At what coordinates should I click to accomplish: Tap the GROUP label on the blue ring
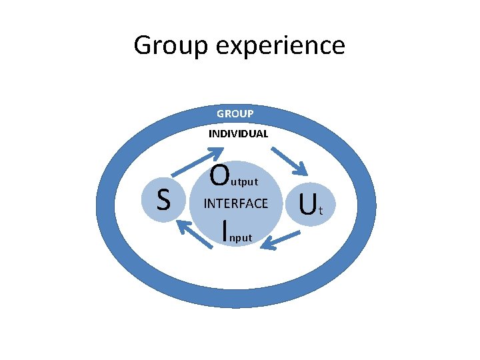[235, 114]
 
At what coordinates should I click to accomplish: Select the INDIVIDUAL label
[238, 133]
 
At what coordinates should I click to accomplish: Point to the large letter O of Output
[219, 175]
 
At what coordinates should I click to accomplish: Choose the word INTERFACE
[235, 203]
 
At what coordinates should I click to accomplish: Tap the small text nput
[241, 237]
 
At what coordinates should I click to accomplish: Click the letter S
[163, 199]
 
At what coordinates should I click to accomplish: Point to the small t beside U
[321, 212]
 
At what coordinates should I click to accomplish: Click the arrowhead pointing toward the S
[183, 228]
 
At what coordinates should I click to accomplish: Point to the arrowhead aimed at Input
[265, 245]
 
